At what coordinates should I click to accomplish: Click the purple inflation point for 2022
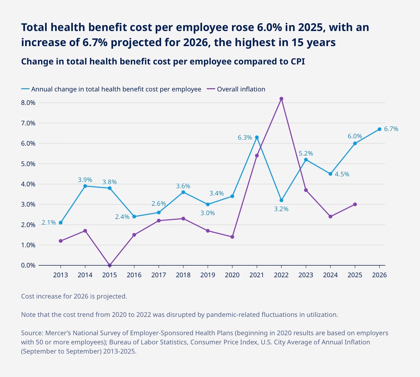(x=281, y=99)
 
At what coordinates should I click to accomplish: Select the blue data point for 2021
(x=257, y=137)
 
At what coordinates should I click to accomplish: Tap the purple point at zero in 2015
(x=110, y=265)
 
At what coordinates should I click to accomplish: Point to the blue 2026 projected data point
(x=379, y=129)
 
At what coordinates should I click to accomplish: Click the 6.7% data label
(x=391, y=129)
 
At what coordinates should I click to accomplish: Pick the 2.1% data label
(x=49, y=222)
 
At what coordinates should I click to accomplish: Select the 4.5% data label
(x=342, y=174)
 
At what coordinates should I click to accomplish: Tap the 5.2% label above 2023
(x=306, y=153)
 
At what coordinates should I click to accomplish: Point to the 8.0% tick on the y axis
(x=28, y=103)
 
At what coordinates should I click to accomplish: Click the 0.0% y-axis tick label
(x=28, y=265)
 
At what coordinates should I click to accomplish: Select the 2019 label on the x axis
(x=207, y=275)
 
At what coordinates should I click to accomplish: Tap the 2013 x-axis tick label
(x=60, y=275)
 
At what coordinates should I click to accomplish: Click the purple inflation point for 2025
(x=355, y=204)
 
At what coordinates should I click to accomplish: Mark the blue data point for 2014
(x=85, y=186)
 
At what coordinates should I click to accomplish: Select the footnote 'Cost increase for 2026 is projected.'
(x=74, y=296)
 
